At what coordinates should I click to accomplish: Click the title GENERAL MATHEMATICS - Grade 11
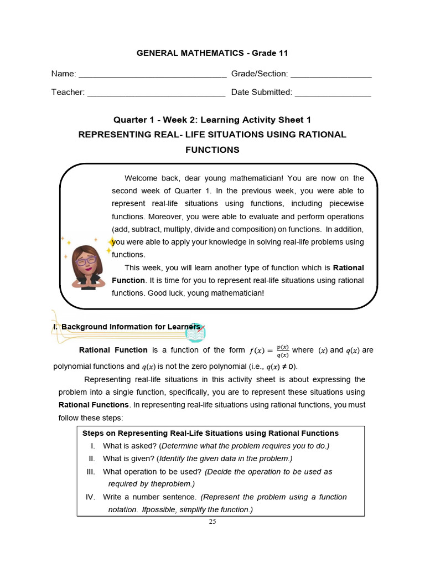(x=212, y=53)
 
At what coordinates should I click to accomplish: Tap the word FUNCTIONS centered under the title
(x=212, y=150)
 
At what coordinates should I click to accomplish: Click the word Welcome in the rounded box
(x=141, y=178)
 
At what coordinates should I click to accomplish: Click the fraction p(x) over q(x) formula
(x=283, y=351)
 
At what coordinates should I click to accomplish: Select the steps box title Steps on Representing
(x=210, y=433)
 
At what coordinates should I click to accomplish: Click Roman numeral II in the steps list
(x=92, y=458)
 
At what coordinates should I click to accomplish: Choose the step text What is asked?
(x=129, y=446)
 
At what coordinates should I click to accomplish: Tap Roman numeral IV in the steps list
(x=91, y=497)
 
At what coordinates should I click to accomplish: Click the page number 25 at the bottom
(x=212, y=522)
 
